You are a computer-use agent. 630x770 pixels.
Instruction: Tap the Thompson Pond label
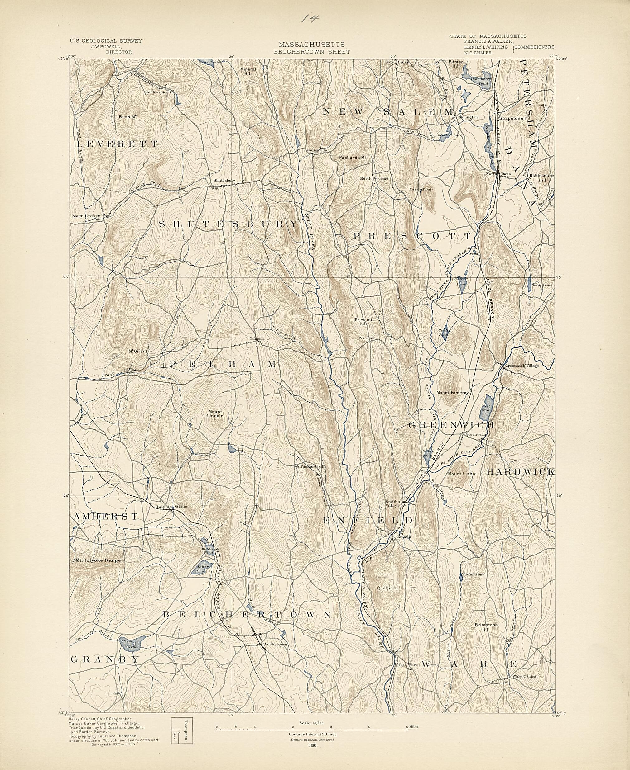coord(480,80)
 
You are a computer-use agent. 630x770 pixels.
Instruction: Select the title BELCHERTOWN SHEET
coord(312,52)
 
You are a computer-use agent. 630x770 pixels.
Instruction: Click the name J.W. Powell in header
coord(106,47)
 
